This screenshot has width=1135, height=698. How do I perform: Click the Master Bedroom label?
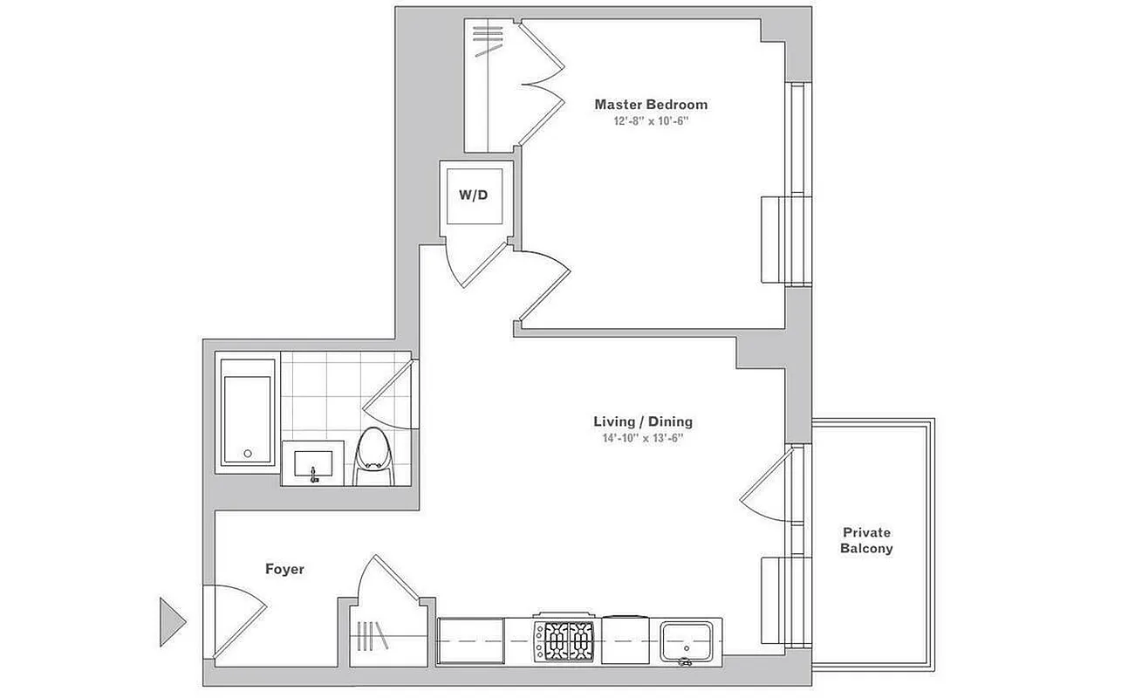(x=651, y=105)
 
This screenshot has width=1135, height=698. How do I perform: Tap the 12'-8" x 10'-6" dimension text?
(x=651, y=122)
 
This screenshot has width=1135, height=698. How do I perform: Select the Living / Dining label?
(x=643, y=422)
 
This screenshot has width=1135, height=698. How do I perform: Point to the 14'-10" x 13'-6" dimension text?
(x=643, y=439)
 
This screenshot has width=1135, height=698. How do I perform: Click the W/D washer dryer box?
(x=474, y=195)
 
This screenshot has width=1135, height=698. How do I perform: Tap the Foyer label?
(x=284, y=570)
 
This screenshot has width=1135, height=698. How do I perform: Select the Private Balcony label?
(x=866, y=541)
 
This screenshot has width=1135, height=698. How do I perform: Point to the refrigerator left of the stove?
(x=471, y=642)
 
